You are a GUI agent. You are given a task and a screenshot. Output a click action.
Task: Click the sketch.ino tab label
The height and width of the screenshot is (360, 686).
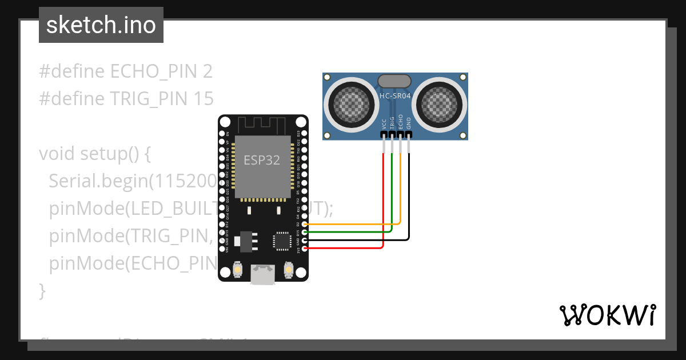tap(101, 25)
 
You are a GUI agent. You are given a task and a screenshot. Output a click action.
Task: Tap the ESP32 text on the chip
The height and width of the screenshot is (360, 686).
tap(262, 160)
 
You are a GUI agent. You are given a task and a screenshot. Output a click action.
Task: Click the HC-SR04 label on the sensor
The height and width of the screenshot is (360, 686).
tap(395, 96)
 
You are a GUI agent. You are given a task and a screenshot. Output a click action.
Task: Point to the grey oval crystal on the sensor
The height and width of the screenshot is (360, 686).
tap(394, 81)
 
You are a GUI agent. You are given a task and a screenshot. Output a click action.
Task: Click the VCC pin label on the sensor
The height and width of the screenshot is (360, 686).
tap(384, 123)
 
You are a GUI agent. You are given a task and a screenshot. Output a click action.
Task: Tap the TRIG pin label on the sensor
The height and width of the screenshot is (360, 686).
tap(392, 122)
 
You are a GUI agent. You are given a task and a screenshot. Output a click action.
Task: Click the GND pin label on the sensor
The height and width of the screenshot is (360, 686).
tap(409, 123)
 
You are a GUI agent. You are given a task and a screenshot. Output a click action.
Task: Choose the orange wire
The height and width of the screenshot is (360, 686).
tap(400, 189)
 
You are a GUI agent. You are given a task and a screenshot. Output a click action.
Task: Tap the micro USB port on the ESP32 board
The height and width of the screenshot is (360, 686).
tap(262, 275)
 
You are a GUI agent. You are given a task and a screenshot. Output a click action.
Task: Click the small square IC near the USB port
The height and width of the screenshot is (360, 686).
tap(282, 241)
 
